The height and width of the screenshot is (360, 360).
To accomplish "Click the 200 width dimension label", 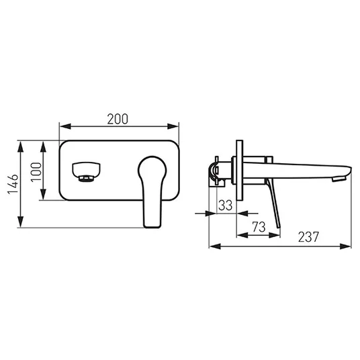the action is pos(118,119).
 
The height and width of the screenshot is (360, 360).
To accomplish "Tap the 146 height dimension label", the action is pos(13,184).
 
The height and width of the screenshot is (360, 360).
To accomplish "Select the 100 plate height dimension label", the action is pos(36,172).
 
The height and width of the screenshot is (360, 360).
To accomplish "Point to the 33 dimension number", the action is pos(226,206).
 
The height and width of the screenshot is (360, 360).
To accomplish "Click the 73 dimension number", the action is pos(259,227).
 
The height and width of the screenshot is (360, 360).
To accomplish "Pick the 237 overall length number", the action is pos(308,237).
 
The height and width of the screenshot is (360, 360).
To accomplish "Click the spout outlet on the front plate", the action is pos(86,172).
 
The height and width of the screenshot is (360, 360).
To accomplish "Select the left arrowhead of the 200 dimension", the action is pos(65,126).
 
